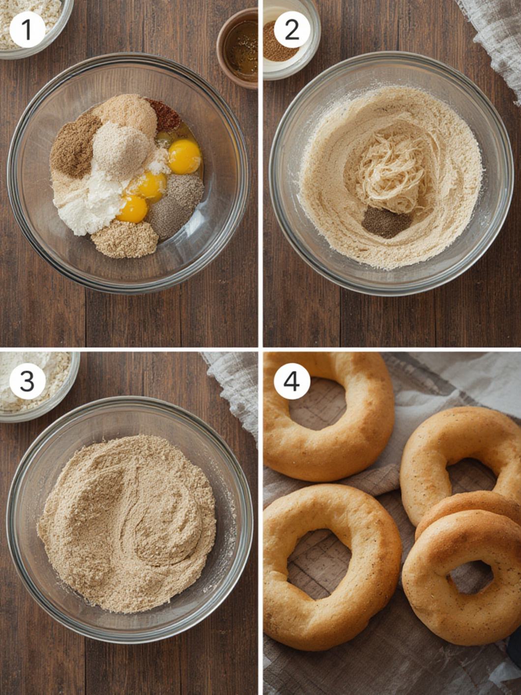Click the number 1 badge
[x=27, y=29]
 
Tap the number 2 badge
[x=291, y=29]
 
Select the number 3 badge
[x=27, y=381]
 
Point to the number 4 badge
[x=291, y=381]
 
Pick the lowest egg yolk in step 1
[x=133, y=209]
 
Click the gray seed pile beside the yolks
[x=177, y=206]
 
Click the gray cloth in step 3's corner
[x=232, y=393]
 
